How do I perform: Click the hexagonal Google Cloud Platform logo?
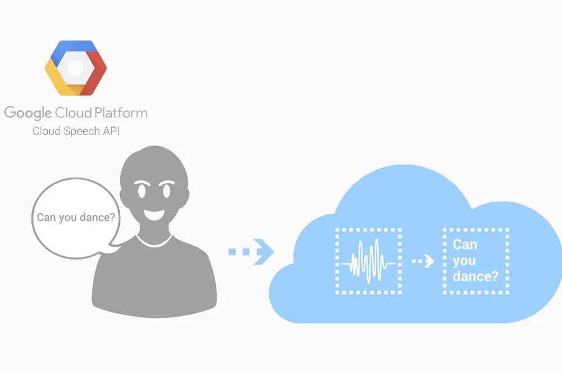76,67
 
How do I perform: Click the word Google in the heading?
28,113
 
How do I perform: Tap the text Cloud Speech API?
76,131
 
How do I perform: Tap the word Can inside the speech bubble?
47,217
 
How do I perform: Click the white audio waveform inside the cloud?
368,261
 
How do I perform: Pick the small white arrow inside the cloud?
423,261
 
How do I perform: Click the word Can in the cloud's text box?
465,244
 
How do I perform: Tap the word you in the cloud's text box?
464,260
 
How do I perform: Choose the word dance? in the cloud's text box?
475,276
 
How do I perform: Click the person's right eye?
167,190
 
